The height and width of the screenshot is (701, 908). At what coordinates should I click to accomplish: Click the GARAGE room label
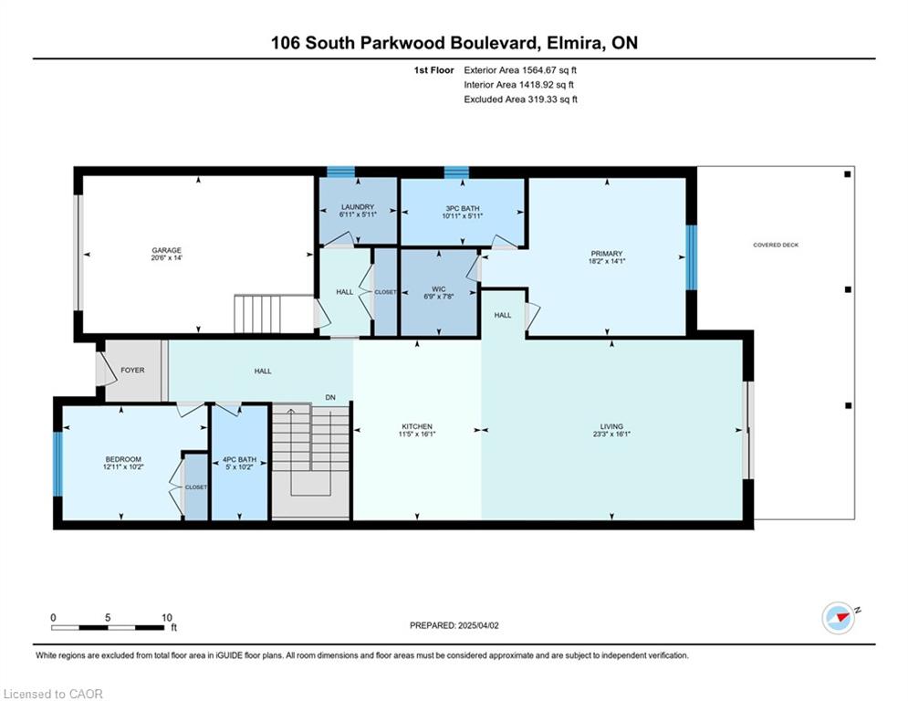point(166,250)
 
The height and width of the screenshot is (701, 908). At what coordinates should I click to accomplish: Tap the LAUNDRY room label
point(358,207)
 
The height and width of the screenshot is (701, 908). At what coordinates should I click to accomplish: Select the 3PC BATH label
point(462,208)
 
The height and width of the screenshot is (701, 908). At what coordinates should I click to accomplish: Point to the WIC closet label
point(438,289)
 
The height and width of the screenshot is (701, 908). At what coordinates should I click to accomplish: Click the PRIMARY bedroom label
point(606,254)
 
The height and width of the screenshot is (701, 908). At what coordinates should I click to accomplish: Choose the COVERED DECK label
point(776,245)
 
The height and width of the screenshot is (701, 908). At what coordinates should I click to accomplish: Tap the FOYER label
point(132,371)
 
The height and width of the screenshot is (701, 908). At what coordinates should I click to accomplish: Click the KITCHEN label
point(416,426)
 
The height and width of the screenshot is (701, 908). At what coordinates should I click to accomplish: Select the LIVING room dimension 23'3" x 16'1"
point(611,434)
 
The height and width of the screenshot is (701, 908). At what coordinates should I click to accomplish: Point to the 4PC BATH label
point(239,459)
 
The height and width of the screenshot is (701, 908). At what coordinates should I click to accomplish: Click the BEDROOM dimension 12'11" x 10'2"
point(123,466)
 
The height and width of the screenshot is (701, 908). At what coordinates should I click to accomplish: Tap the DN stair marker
point(330,397)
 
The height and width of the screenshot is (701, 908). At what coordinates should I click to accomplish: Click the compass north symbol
point(839,618)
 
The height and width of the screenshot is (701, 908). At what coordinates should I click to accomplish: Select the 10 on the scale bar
point(167,618)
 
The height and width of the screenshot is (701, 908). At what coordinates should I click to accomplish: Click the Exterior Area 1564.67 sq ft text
point(520,70)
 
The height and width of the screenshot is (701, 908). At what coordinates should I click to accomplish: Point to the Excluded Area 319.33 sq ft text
point(520,99)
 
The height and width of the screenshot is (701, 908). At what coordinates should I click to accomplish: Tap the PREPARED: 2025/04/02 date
point(454,625)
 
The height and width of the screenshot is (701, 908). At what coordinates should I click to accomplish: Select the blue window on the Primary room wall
point(691,257)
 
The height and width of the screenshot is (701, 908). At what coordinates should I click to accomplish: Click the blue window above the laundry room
point(340,172)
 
